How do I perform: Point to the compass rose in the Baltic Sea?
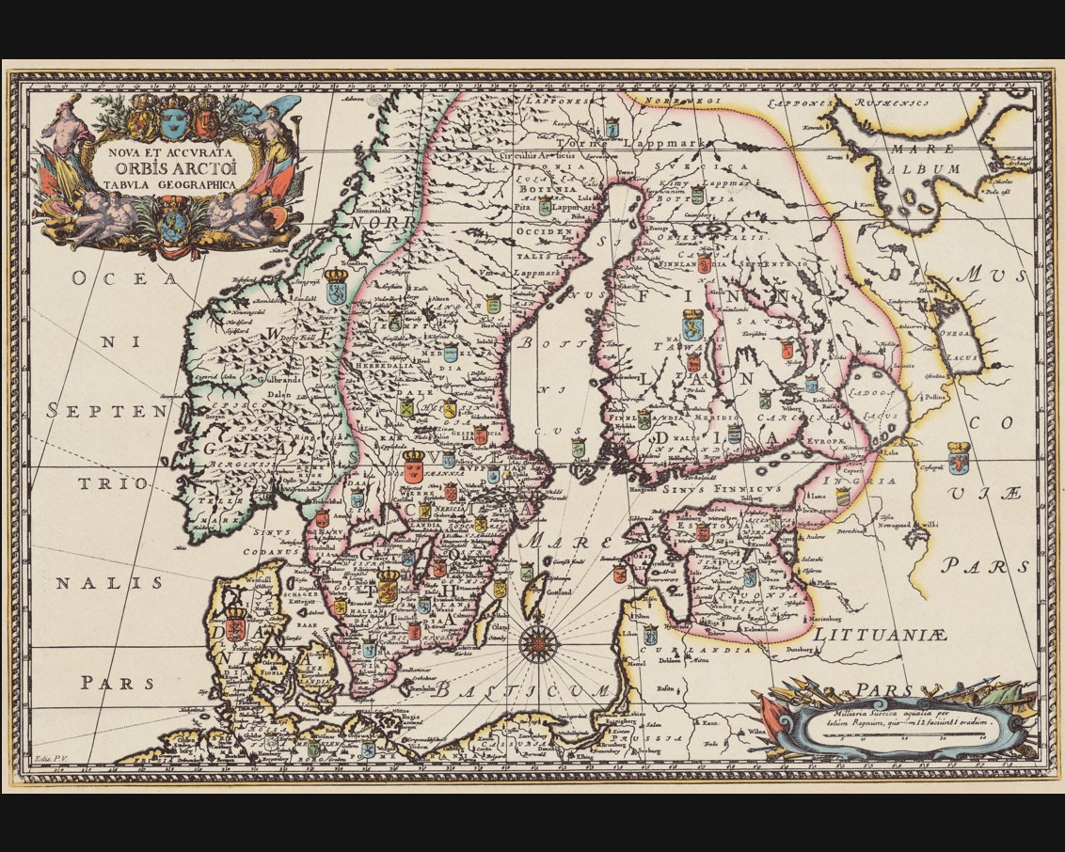pyautogui.click(x=538, y=643)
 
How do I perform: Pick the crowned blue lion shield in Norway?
pyautogui.click(x=336, y=288)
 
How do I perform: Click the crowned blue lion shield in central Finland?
pyautogui.click(x=692, y=324)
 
